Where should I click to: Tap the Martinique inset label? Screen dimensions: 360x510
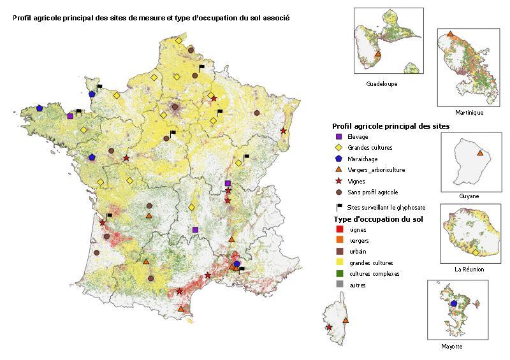click(x=469, y=113)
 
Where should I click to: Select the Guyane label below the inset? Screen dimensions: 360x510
click(x=469, y=196)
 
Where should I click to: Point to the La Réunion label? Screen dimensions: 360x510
click(x=469, y=270)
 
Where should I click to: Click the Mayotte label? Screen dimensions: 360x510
click(x=452, y=347)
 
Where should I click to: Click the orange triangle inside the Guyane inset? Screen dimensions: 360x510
click(x=480, y=153)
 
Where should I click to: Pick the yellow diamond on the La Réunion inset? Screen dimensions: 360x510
click(x=476, y=253)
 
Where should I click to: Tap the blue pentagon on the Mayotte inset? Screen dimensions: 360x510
click(x=454, y=304)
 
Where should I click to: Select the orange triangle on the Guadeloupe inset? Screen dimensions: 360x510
click(x=378, y=55)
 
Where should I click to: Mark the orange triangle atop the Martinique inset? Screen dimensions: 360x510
click(x=451, y=34)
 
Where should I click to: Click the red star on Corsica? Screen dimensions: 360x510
click(x=329, y=328)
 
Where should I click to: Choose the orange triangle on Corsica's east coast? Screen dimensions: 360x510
click(x=346, y=320)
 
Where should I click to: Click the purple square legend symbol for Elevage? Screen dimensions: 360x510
click(x=339, y=136)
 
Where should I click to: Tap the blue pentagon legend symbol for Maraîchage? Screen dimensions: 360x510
click(x=339, y=159)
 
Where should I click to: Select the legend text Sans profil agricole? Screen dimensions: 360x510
click(x=372, y=192)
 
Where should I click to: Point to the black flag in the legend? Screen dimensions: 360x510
click(x=339, y=207)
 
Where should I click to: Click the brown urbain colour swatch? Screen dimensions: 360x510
click(x=339, y=252)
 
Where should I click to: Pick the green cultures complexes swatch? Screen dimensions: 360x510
click(x=339, y=274)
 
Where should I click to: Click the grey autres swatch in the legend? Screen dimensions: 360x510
click(x=339, y=285)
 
